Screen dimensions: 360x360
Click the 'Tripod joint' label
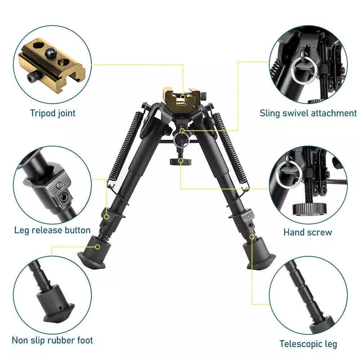(x=53, y=113)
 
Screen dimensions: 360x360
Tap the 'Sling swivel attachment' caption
(x=308, y=113)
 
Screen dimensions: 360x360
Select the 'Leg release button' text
(x=52, y=230)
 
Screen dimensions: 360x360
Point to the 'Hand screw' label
(x=308, y=232)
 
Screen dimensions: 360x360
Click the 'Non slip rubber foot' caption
(x=52, y=340)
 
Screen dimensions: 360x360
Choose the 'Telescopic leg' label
(x=308, y=344)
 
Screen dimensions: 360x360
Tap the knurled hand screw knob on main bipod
(x=181, y=162)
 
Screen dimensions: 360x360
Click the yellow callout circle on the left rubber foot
(x=98, y=247)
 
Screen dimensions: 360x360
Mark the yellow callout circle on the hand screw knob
(x=181, y=161)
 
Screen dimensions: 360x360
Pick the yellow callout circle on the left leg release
(x=107, y=216)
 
